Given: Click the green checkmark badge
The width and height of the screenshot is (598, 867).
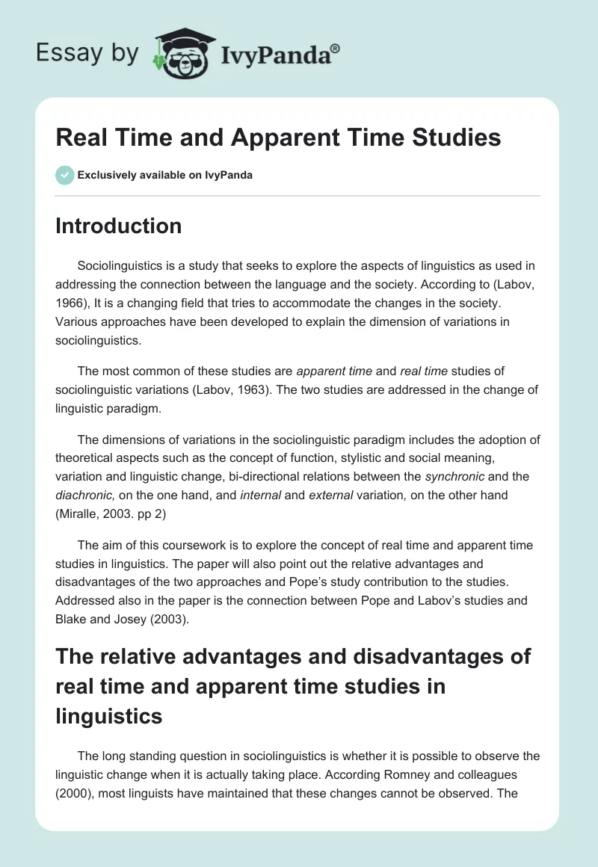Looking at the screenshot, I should point(64,175).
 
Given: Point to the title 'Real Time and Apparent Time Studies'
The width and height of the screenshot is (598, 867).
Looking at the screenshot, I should point(278,138).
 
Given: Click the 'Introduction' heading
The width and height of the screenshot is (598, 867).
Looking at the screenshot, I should point(118,226).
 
